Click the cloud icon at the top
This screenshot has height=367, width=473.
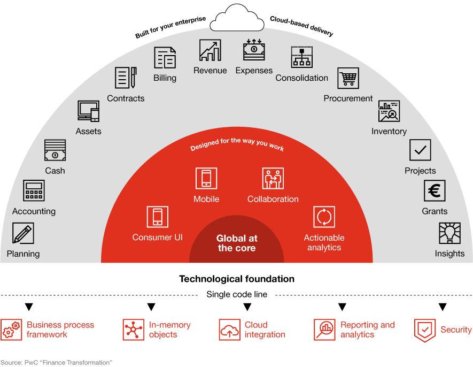237,18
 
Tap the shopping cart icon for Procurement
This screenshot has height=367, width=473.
348,78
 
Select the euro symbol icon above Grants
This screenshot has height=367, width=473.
435,190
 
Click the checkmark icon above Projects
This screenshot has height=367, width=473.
420,150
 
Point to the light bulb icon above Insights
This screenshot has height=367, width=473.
449,233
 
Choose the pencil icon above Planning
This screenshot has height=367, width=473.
23,233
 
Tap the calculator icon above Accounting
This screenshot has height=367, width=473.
34,190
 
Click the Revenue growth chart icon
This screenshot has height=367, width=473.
210,50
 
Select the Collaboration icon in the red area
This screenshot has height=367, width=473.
273,178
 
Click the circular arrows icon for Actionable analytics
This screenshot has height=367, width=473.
324,217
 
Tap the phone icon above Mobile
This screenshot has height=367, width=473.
206,178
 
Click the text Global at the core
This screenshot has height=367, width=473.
237,243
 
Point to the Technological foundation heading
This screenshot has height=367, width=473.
237,279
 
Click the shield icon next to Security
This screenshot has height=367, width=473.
425,331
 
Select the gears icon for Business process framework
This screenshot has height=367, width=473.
11,330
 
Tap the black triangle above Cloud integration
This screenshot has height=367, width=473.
247,307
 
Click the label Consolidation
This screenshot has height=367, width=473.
301,78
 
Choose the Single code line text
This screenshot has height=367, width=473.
237,294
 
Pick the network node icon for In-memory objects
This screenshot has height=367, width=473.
134,330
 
